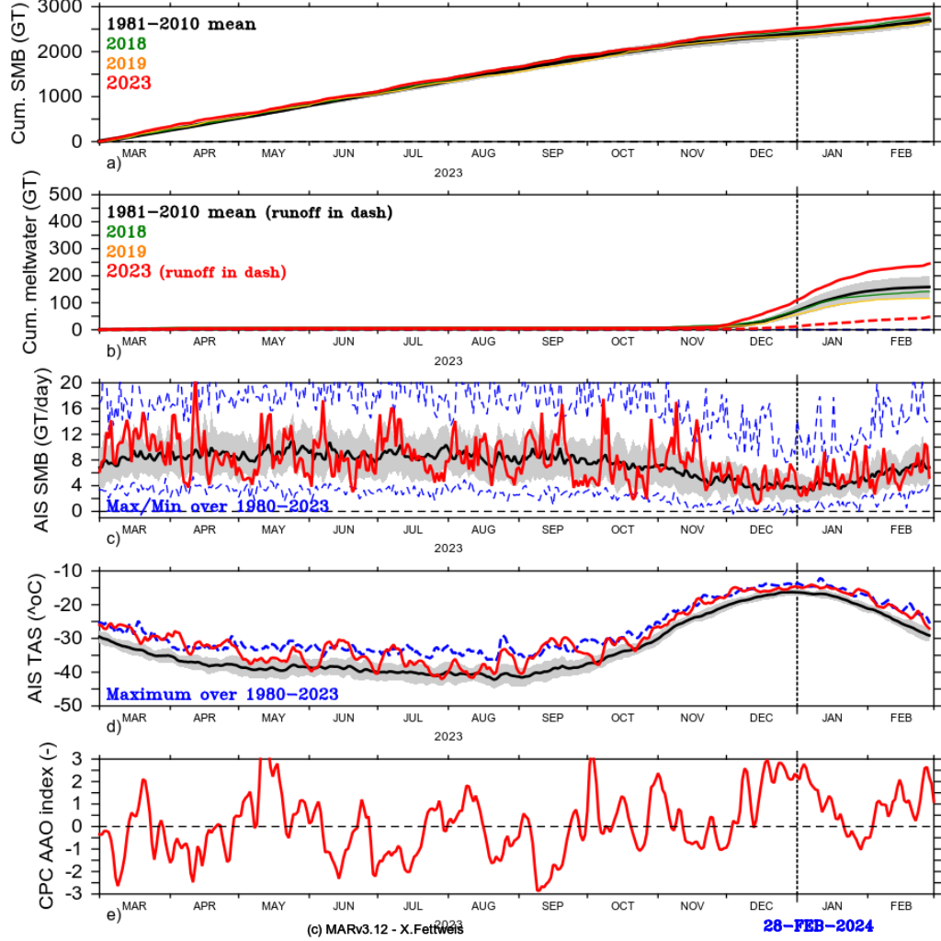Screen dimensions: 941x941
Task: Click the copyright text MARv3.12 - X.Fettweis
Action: [x=385, y=930]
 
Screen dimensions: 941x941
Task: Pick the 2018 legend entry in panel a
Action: [x=126, y=42]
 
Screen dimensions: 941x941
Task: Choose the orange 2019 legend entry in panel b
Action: [x=126, y=252]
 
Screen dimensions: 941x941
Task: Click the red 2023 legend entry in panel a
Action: [x=129, y=83]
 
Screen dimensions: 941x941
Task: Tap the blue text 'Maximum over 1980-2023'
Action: [x=222, y=693]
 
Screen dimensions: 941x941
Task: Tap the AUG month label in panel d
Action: [x=482, y=717]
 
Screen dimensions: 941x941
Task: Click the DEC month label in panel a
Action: [x=761, y=154]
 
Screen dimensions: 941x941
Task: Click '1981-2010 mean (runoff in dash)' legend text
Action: [x=250, y=212]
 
